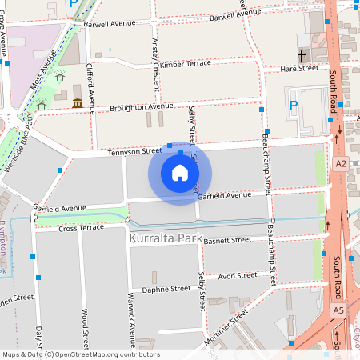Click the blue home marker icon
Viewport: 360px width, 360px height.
(180, 173)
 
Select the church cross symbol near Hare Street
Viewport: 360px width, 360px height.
(302, 57)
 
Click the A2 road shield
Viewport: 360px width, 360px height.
(342, 163)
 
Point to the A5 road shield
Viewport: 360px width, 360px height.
(338, 310)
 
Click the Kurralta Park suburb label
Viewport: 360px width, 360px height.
(166, 239)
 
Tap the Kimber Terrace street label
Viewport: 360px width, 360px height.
(186, 63)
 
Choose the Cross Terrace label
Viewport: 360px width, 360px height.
(82, 228)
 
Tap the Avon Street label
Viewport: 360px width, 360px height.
(238, 275)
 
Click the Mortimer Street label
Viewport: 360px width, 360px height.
(230, 329)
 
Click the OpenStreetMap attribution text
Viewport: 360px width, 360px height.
(80, 354)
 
